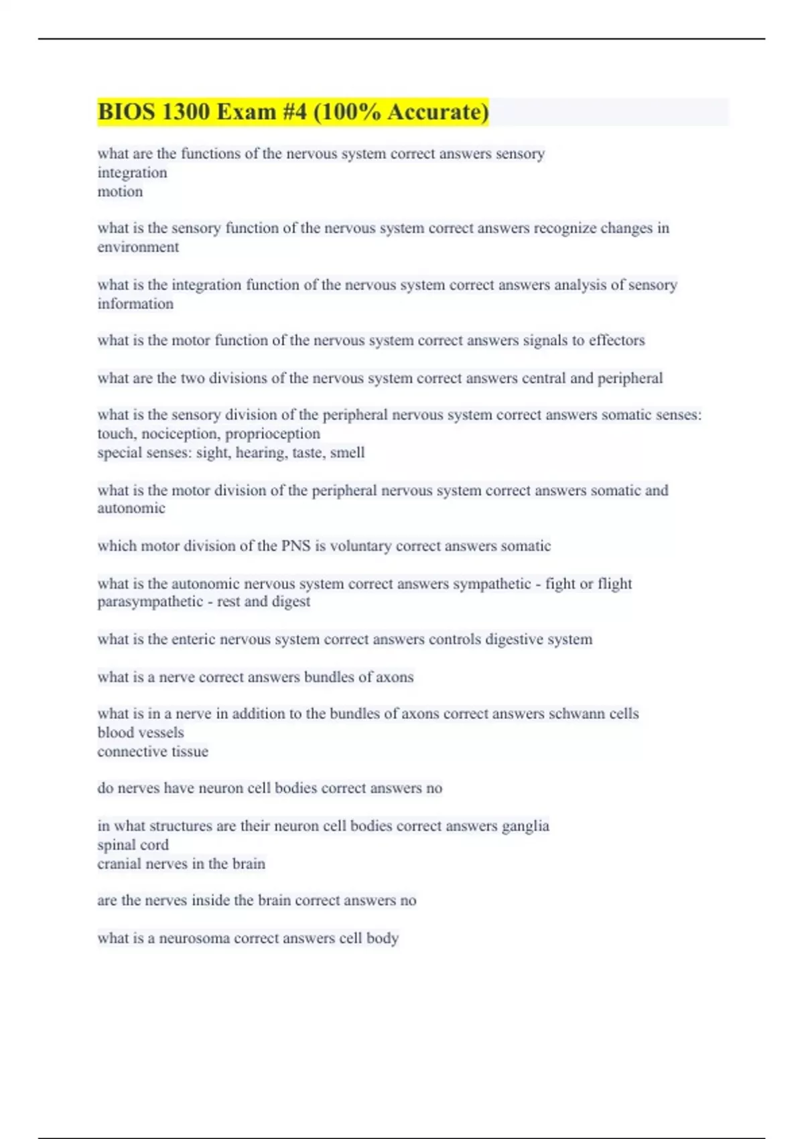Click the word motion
pyautogui.click(x=120, y=192)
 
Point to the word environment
pyautogui.click(x=138, y=247)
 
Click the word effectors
pyautogui.click(x=616, y=340)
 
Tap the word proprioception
pyautogui.click(x=273, y=433)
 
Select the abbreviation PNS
pyautogui.click(x=295, y=546)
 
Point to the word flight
pyautogui.click(x=614, y=584)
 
